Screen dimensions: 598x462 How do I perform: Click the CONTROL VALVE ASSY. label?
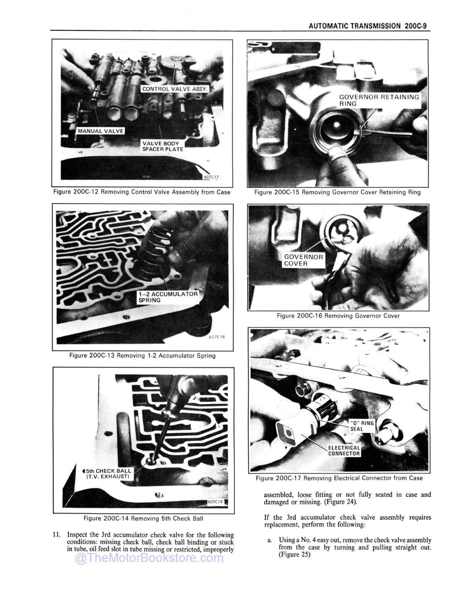point(176,89)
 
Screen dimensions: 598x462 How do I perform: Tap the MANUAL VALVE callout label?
point(100,131)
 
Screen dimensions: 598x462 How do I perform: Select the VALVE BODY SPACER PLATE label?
point(162,146)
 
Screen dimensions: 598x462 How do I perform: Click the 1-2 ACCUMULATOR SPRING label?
point(168,297)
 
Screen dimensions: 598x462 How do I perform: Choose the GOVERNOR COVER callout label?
point(303,260)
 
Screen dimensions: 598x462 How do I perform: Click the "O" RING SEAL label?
point(362,426)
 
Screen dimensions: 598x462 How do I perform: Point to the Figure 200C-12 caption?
point(142,192)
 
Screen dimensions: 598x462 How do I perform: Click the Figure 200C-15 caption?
point(337,192)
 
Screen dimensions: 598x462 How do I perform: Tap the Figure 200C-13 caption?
point(143,356)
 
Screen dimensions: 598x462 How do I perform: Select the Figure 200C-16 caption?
point(338,316)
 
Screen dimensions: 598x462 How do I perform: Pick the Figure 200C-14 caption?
point(140,518)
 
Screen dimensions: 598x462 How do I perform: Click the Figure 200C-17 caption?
point(339,478)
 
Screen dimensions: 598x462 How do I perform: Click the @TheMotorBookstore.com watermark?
point(149,558)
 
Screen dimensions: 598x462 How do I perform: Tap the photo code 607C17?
point(211,177)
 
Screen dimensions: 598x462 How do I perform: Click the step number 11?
point(56,535)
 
